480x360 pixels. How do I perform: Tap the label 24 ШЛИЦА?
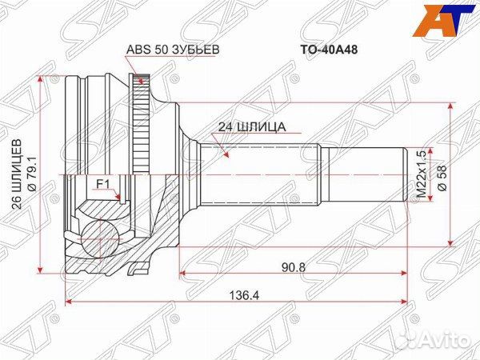point(251,126)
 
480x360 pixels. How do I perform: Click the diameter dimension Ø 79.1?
point(32,174)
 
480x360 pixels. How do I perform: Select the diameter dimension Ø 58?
point(438,174)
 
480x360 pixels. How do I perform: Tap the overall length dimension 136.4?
point(237,293)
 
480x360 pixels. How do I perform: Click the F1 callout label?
point(102,184)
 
